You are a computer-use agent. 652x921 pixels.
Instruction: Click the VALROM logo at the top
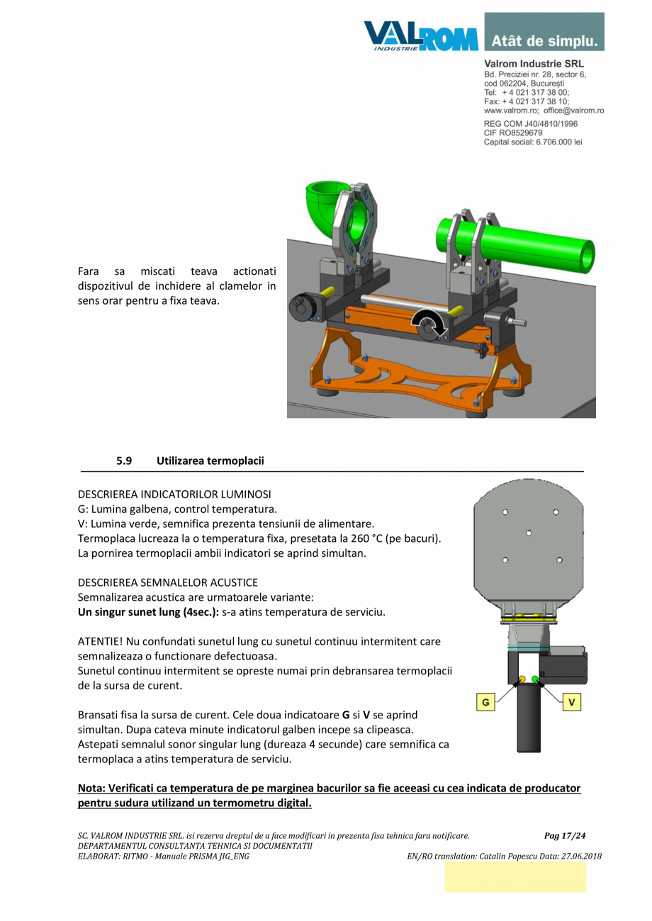point(420,35)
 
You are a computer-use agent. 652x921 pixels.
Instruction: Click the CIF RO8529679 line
point(513,132)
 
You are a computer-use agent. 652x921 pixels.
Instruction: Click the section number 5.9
point(124,460)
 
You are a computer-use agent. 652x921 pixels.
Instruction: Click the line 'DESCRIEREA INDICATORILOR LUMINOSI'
point(174,493)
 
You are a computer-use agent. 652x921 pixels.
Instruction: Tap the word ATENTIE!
point(100,641)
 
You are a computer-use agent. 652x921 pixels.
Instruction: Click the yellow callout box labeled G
point(485,702)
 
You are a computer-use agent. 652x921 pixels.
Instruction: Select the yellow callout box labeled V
point(572,702)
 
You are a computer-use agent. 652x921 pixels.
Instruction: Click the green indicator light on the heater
point(535,679)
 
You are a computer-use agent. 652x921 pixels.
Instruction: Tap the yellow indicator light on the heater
point(522,679)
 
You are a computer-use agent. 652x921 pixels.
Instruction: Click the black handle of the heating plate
point(529,723)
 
